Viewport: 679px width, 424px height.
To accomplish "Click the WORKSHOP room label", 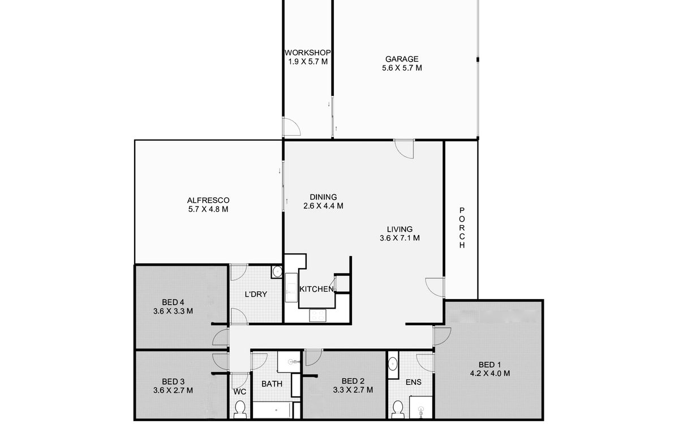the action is point(307,53).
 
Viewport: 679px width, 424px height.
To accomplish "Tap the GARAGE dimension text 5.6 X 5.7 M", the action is point(402,68).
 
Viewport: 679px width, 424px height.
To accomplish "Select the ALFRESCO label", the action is point(208,200).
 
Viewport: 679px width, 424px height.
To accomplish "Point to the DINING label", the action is point(323,197).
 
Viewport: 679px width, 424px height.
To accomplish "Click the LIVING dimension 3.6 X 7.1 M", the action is point(400,238).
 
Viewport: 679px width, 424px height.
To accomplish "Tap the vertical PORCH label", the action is point(462,228).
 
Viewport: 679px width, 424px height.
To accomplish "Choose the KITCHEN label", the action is point(316,289).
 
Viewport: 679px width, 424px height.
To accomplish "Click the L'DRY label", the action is point(256,294).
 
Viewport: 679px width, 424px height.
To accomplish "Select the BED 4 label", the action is point(173,302).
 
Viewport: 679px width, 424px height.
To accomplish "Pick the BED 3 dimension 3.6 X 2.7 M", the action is point(173,391).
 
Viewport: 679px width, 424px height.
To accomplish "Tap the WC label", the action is point(240,392).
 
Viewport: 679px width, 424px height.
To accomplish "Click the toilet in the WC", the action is point(240,409).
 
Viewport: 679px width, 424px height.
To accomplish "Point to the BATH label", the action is point(272,384).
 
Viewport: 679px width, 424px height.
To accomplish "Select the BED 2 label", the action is point(353,381).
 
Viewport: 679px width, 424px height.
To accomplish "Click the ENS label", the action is point(414,382).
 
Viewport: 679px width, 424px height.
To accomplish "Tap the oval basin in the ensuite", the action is point(393,364).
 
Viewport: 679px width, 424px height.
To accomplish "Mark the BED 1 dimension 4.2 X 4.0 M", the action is point(490,374).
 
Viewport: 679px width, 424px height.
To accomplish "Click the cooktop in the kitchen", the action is point(317,315).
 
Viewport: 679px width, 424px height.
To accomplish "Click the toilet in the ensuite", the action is point(397,409).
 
